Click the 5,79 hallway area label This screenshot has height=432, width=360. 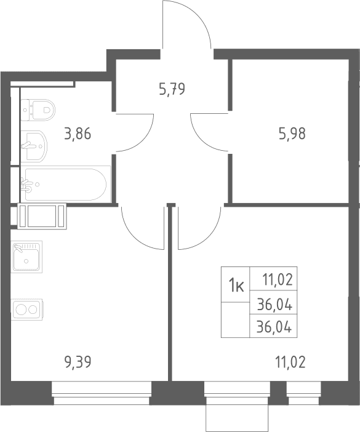coord(172,89)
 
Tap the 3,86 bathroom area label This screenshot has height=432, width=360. coord(78,134)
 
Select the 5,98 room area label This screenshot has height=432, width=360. coord(292,134)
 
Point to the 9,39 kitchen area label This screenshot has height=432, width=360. coord(78,362)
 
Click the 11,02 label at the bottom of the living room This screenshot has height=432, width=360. coord(290,362)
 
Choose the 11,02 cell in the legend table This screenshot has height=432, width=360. coord(273,279)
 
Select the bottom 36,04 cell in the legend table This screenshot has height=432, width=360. coord(273,326)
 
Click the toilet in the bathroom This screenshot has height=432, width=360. coord(38,110)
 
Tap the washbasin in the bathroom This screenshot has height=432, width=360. coord(34,146)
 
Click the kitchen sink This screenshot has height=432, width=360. coord(26,257)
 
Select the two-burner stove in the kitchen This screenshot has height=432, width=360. coord(26,309)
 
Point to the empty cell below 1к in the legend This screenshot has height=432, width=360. coord(236,320)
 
